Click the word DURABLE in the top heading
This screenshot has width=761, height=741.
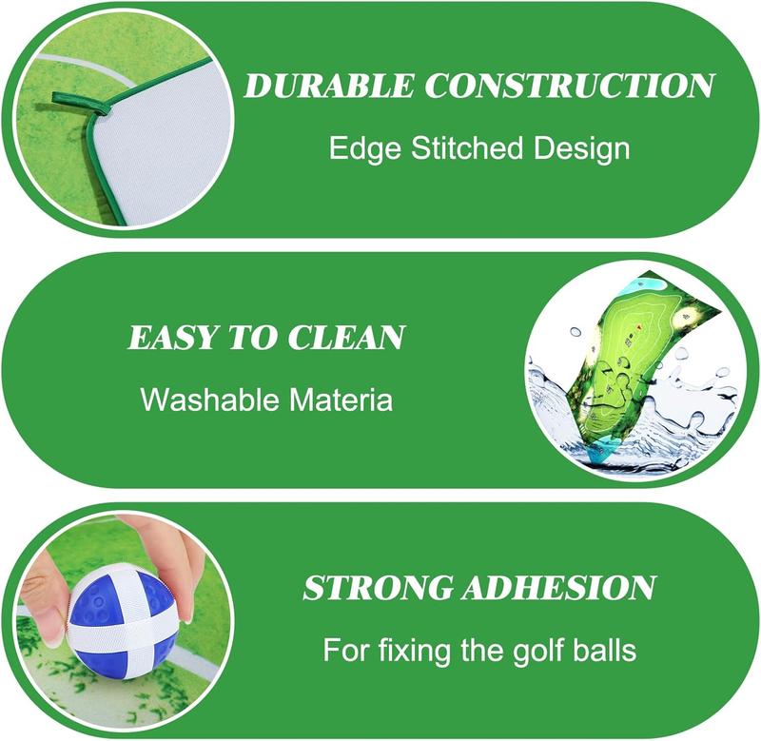[329, 86]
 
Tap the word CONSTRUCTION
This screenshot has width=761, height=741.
[569, 86]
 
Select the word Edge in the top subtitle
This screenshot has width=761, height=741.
[365, 148]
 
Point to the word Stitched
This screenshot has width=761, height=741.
[467, 147]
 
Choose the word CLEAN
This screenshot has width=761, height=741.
[345, 338]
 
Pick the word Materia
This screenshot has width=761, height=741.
[341, 400]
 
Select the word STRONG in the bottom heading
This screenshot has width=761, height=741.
[377, 588]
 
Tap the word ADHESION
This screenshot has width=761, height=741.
[558, 588]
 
